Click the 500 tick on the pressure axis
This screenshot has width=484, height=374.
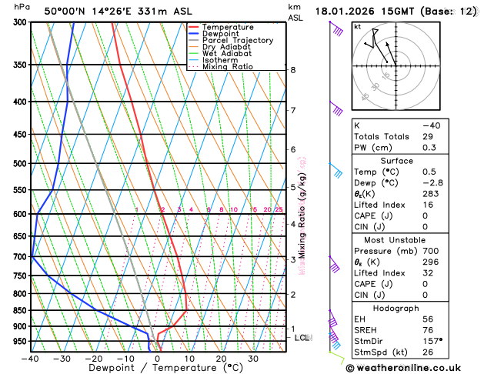coord(20,163)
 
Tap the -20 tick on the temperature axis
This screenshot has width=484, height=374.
coord(94,358)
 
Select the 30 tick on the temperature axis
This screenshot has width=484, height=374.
coord(252,358)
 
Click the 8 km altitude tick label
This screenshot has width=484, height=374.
coord(292,70)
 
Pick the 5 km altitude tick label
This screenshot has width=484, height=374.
coord(292,187)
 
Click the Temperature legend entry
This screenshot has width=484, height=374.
coord(228,27)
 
